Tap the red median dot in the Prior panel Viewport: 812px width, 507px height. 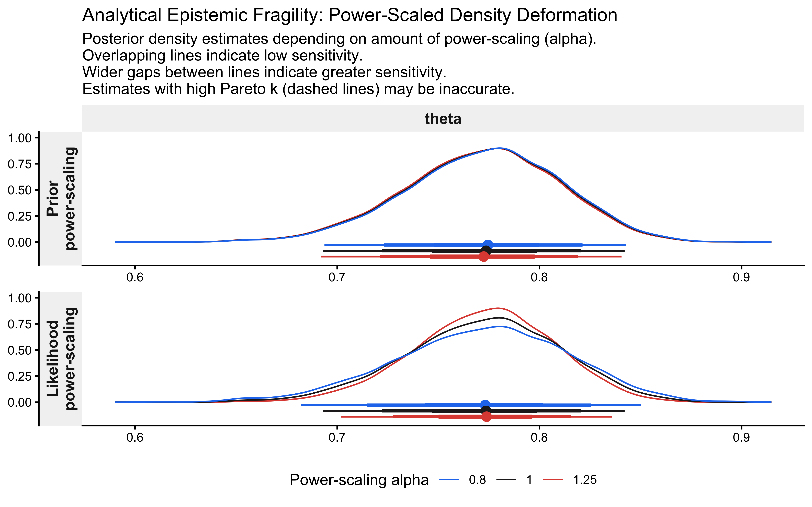483,257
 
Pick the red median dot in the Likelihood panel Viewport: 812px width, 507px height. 487,416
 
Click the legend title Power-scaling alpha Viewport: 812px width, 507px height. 359,480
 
